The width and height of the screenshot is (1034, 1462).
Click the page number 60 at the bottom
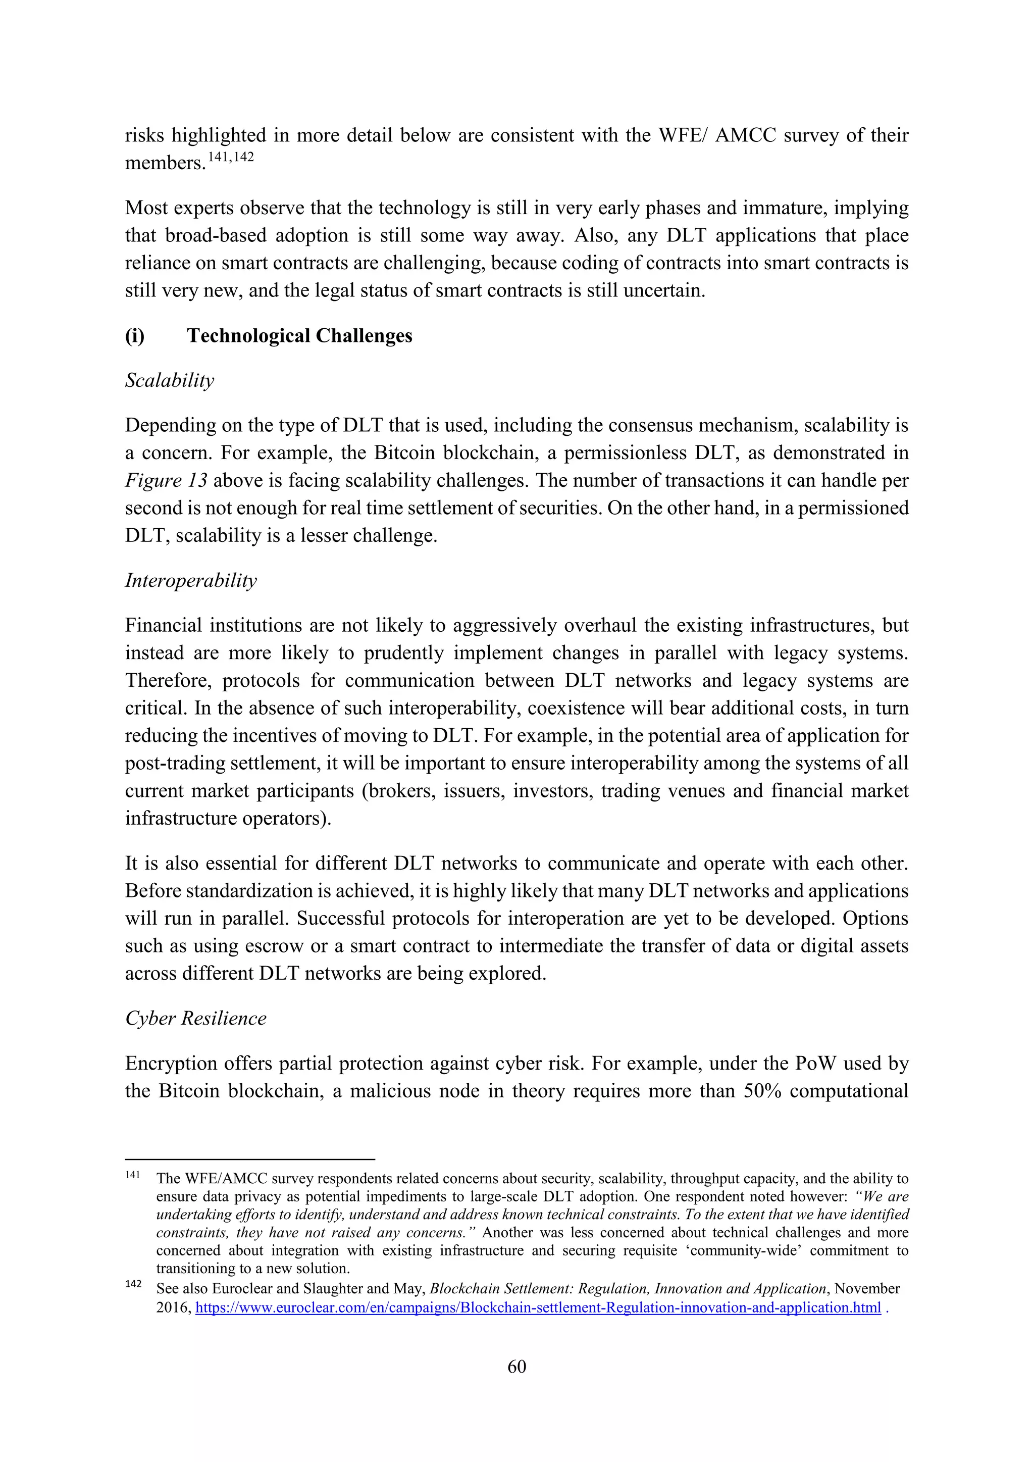(516, 1367)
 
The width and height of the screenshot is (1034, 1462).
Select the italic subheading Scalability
(169, 380)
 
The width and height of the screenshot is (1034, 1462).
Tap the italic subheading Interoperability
(191, 580)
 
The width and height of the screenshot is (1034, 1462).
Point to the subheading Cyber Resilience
(195, 1018)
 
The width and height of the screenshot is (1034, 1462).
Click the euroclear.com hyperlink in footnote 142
(538, 1308)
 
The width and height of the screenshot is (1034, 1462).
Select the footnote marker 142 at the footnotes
(132, 1284)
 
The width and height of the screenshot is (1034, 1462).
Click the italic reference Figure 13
(166, 480)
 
